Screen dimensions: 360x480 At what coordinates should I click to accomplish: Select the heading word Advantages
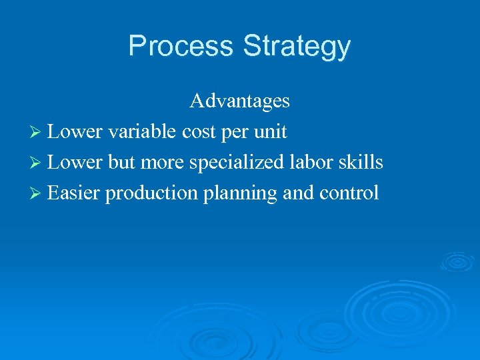[239, 101]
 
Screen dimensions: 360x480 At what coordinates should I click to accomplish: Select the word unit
[271, 132]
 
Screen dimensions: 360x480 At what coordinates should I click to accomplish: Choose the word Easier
[74, 193]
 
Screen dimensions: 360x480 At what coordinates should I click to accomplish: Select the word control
[349, 193]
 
